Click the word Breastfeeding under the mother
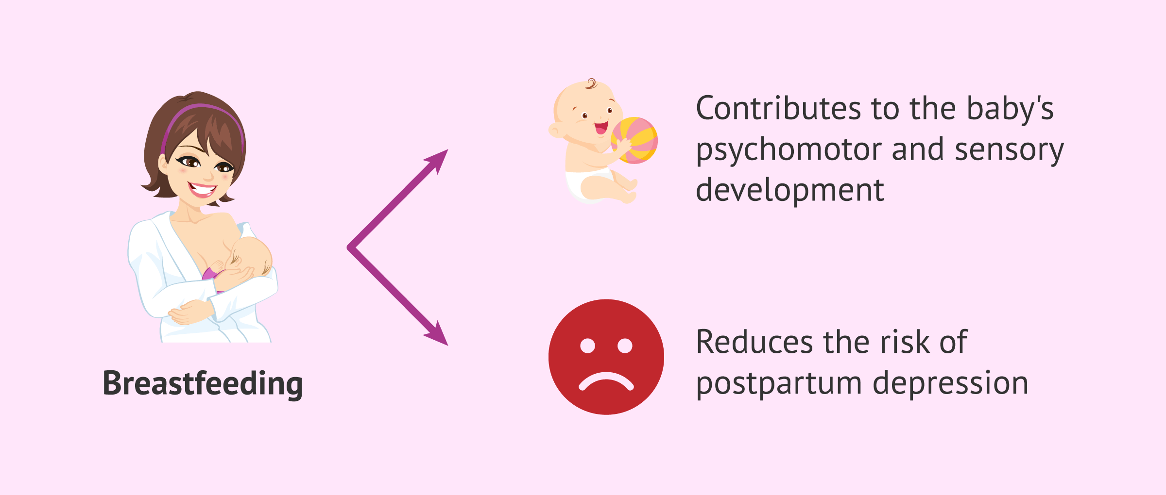[x=203, y=384]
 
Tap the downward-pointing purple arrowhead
[x=437, y=334]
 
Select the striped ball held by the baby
[x=634, y=140]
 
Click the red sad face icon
[x=606, y=357]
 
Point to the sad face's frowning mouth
[x=606, y=380]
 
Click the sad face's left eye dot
[x=587, y=346]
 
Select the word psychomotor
[x=789, y=150]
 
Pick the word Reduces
[x=754, y=342]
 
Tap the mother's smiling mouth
[x=203, y=189]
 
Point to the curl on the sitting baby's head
[x=591, y=84]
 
